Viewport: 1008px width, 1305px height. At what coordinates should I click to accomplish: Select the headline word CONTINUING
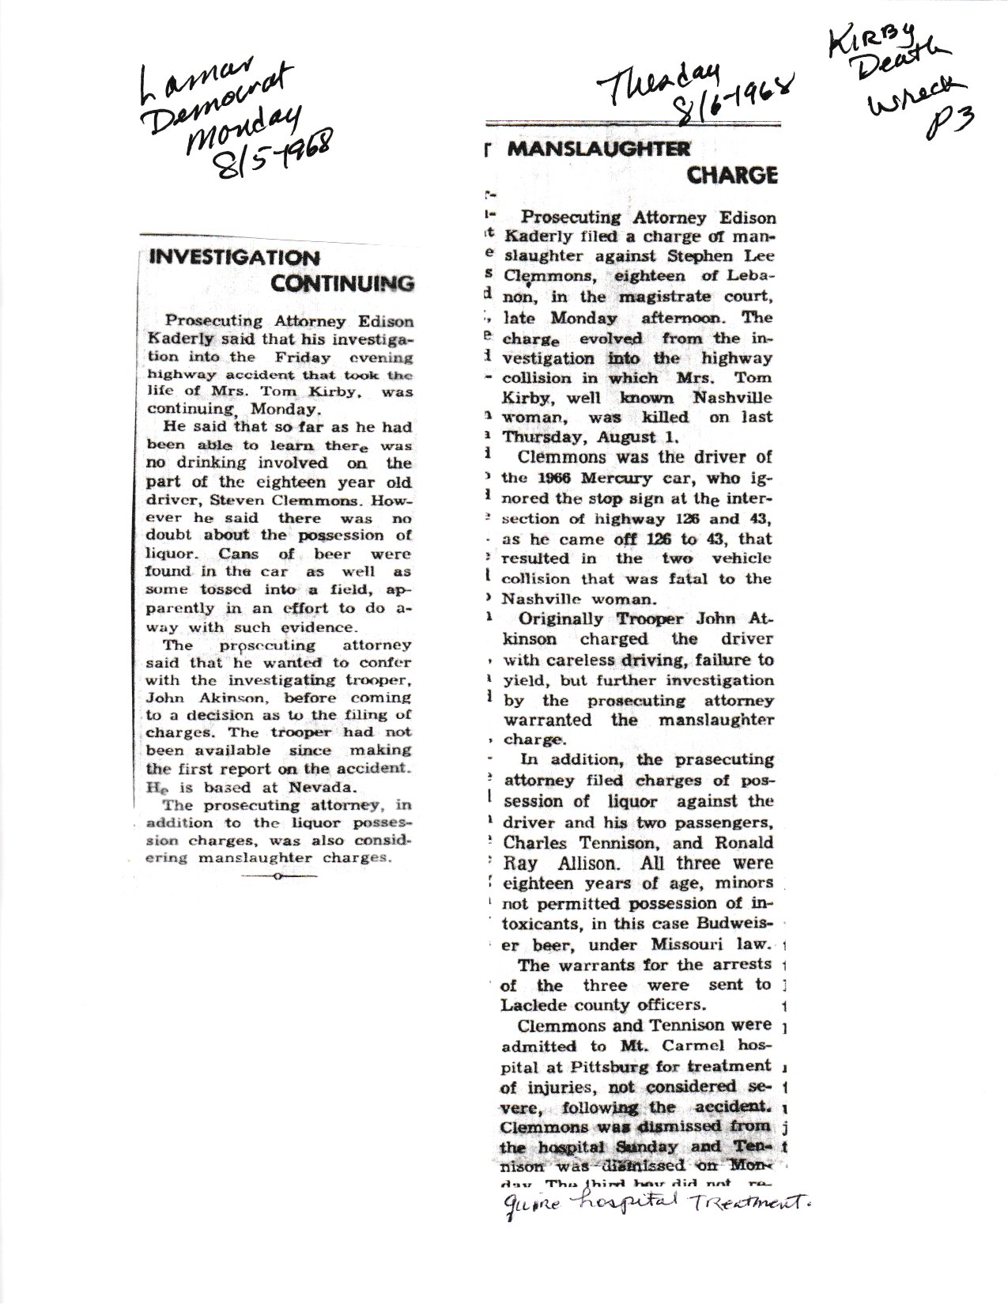point(342,283)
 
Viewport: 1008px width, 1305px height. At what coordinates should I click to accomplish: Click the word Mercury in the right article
point(613,478)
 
